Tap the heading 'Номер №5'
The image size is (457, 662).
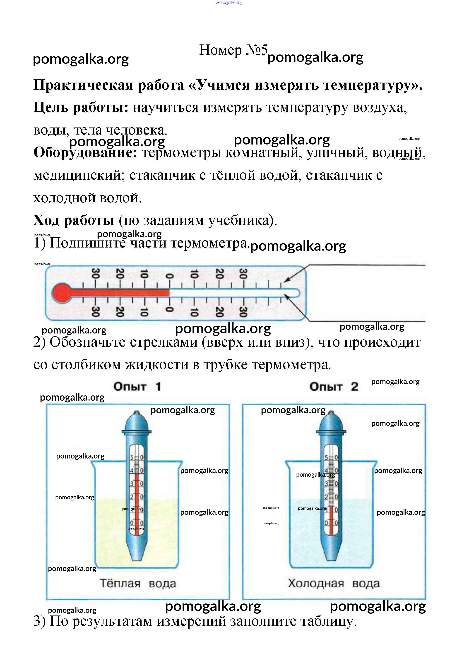233,50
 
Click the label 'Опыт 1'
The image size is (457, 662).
137,386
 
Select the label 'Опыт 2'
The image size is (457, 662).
334,386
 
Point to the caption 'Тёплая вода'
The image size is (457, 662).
138,583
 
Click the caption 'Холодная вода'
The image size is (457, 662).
334,583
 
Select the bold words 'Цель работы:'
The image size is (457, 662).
81,107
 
